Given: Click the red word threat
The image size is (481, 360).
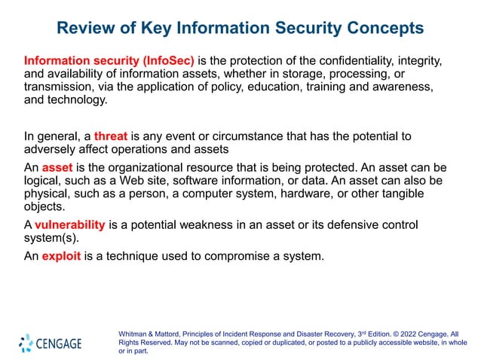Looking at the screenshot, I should (112, 136).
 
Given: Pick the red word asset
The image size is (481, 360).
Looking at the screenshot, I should (57, 168).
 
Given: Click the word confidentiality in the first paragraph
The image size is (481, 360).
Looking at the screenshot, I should (354, 59).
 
